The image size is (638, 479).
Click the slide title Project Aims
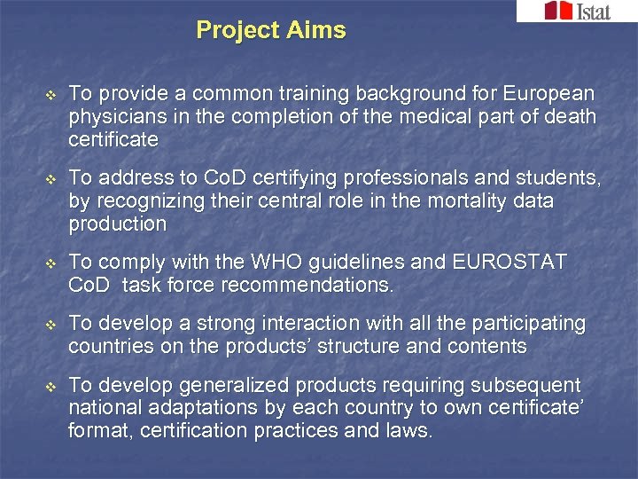click(271, 30)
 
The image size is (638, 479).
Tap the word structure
click(362, 347)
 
